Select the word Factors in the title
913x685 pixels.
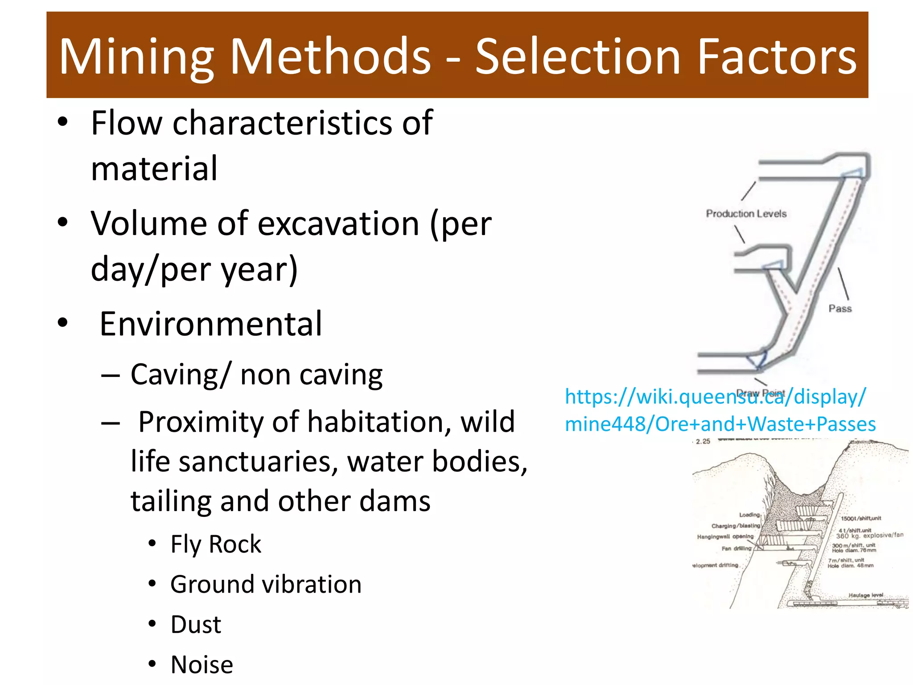[776, 57]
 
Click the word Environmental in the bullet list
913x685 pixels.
[210, 324]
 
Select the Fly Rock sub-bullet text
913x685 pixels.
[216, 545]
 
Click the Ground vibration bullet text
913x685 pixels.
[266, 585]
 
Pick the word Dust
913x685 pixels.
[196, 625]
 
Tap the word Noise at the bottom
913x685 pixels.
[202, 665]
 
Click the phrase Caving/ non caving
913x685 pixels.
[256, 375]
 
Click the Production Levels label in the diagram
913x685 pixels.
[746, 214]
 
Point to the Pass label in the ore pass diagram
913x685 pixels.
[840, 309]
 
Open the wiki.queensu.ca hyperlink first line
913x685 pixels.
[715, 396]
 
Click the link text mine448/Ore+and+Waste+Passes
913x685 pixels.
[720, 424]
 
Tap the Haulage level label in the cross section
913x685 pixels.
[865, 595]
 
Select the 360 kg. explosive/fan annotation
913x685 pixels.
[869, 535]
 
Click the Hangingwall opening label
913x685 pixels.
[725, 536]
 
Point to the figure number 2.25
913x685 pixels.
[703, 442]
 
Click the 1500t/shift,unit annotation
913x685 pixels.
[860, 518]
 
